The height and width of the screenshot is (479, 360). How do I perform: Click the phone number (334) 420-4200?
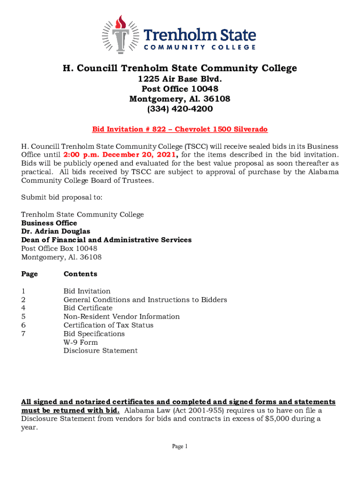(180, 109)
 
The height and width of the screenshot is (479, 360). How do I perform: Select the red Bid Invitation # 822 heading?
(180, 129)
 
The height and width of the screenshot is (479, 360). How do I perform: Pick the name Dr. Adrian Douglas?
(56, 232)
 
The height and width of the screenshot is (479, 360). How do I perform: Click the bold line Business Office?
(49, 223)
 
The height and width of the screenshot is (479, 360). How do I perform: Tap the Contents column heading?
(80, 274)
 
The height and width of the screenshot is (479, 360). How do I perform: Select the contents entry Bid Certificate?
(88, 308)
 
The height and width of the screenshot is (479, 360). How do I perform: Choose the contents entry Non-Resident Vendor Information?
(122, 317)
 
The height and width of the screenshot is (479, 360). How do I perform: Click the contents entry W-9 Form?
(81, 342)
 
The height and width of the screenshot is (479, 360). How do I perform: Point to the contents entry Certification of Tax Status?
(108, 325)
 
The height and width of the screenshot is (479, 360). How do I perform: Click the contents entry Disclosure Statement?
(101, 351)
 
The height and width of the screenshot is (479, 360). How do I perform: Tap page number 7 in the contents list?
(23, 334)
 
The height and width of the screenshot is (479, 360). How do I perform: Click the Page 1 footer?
(180, 447)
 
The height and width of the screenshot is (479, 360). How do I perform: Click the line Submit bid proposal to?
(62, 197)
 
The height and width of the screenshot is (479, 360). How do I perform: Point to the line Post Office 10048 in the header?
(180, 89)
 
